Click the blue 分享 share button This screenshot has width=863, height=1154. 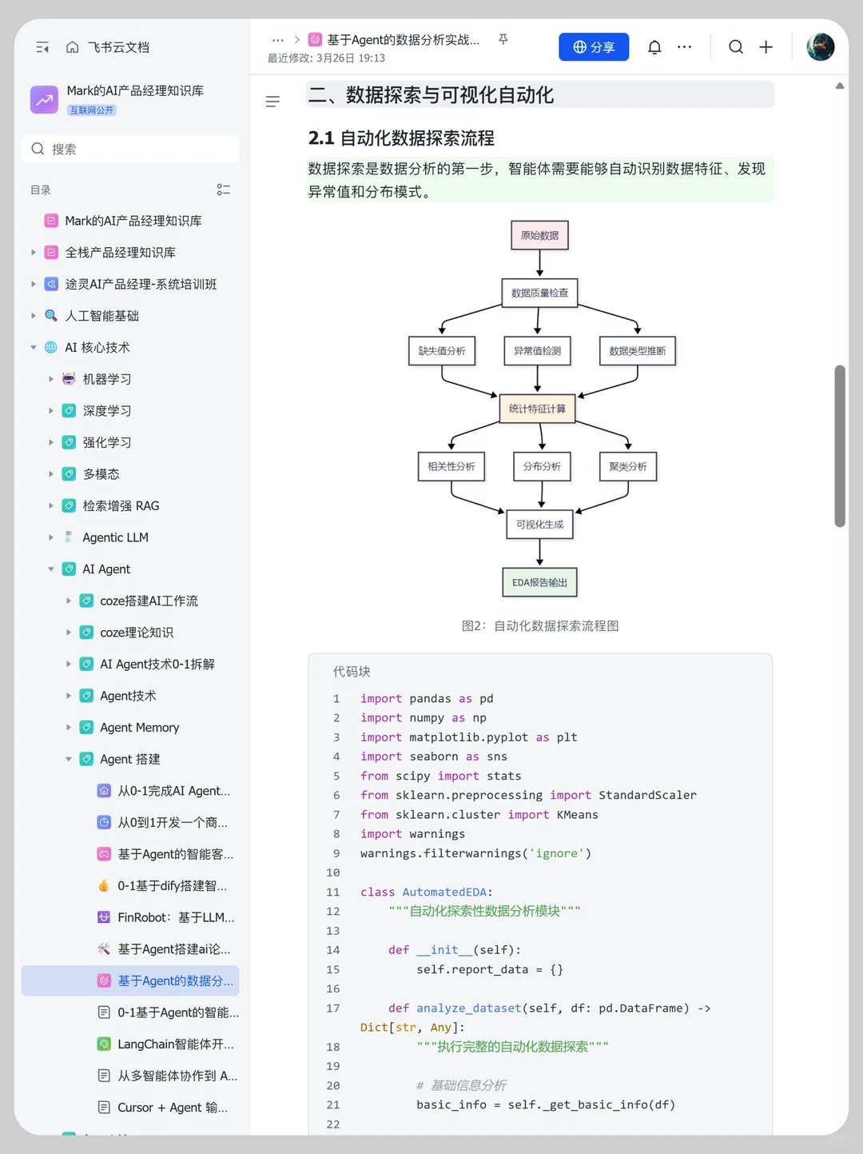pyautogui.click(x=594, y=47)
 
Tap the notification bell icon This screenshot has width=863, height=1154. pyautogui.click(x=654, y=47)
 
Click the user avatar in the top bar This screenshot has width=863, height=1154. pyautogui.click(x=820, y=47)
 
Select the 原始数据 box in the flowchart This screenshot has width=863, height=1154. pyautogui.click(x=539, y=235)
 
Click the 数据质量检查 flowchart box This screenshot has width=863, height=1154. pyautogui.click(x=539, y=293)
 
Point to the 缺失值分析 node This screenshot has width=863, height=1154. pyautogui.click(x=442, y=350)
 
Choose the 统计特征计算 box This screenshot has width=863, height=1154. pyautogui.click(x=537, y=409)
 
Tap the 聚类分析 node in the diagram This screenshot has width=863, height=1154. pyautogui.click(x=628, y=466)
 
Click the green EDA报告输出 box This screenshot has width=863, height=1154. pyautogui.click(x=539, y=582)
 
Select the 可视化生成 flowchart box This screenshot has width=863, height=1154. pyautogui.click(x=539, y=524)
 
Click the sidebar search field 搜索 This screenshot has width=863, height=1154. pyautogui.click(x=130, y=150)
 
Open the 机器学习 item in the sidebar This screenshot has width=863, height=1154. pyautogui.click(x=106, y=379)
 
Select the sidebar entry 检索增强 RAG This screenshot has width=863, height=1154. pyautogui.click(x=121, y=505)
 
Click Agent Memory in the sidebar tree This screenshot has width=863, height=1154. pyautogui.click(x=140, y=728)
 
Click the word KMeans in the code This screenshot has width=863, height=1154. pyautogui.click(x=577, y=814)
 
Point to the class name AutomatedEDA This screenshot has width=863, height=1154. pyautogui.click(x=444, y=892)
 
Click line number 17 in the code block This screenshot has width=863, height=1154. pyautogui.click(x=333, y=1008)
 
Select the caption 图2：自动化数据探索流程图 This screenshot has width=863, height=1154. pyautogui.click(x=540, y=625)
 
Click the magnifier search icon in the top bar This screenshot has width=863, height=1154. pyautogui.click(x=735, y=47)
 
